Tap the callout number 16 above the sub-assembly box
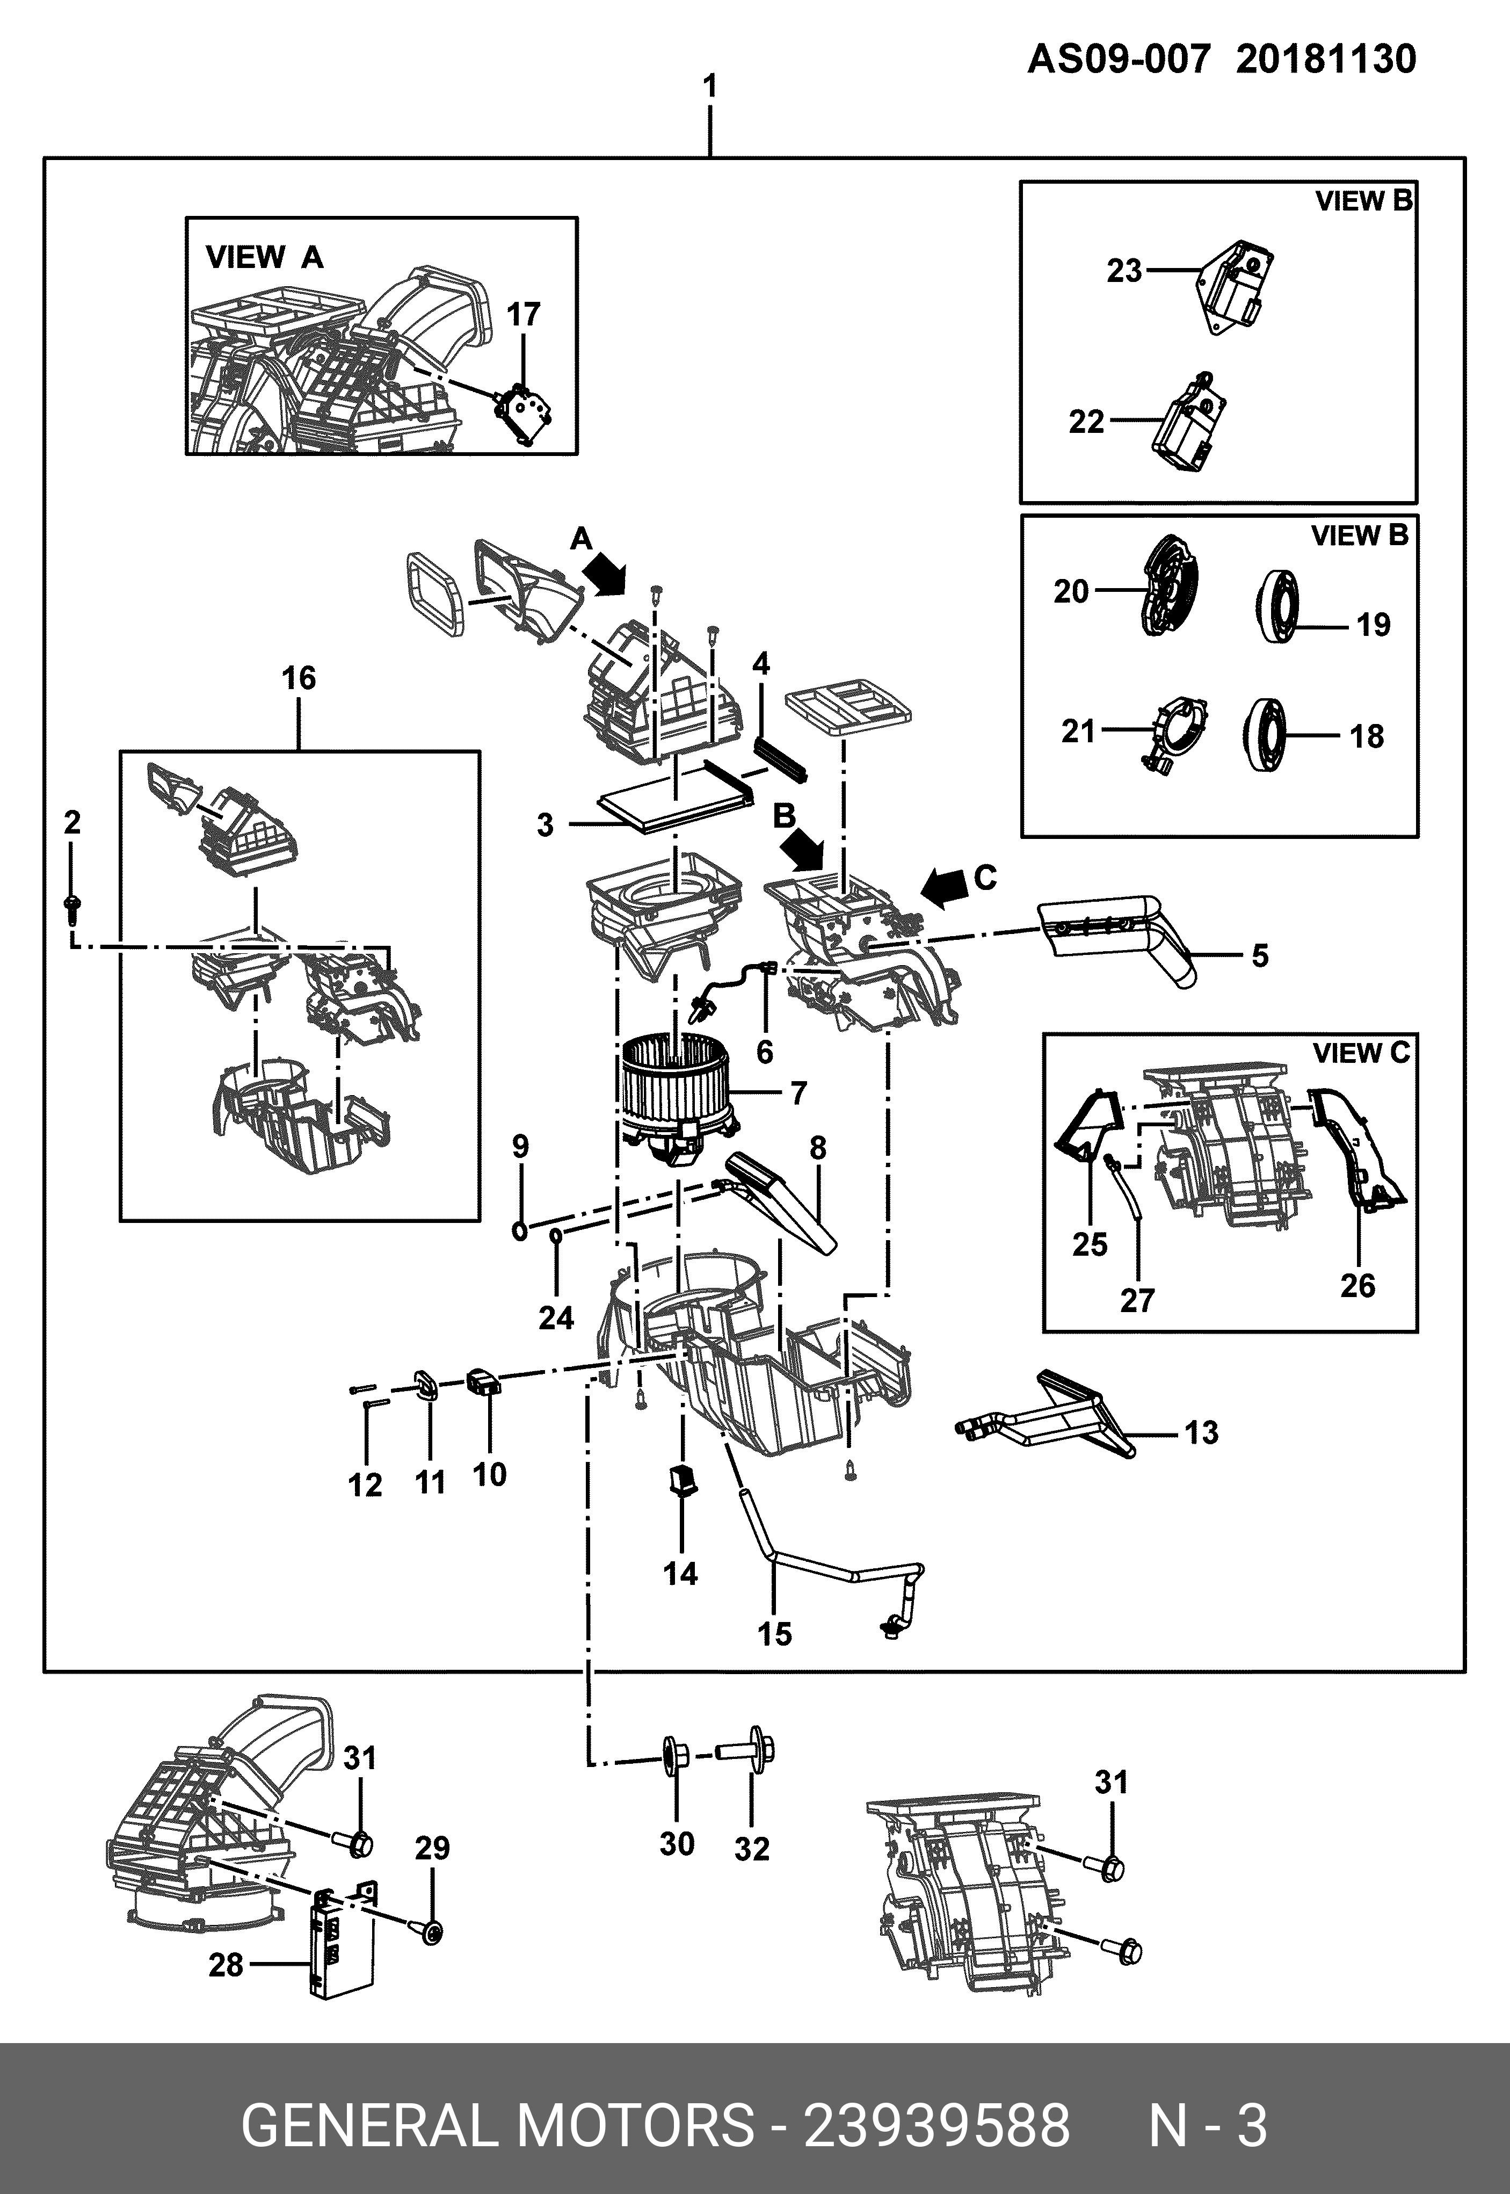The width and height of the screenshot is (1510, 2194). [x=299, y=678]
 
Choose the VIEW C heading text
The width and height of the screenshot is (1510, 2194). [x=1361, y=1053]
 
